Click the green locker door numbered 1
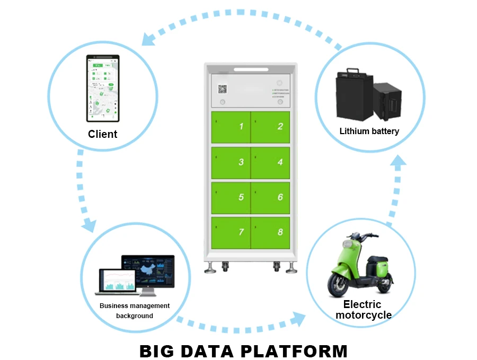coord(231,127)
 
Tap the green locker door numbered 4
coord(270,162)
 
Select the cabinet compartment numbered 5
coord(231,197)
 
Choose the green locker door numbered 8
coord(270,232)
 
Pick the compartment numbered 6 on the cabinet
coord(270,197)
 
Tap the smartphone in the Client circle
coord(102,88)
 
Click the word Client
coord(103,134)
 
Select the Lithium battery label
coord(369,131)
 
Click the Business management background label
coord(135,311)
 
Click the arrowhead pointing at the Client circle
coord(149,38)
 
